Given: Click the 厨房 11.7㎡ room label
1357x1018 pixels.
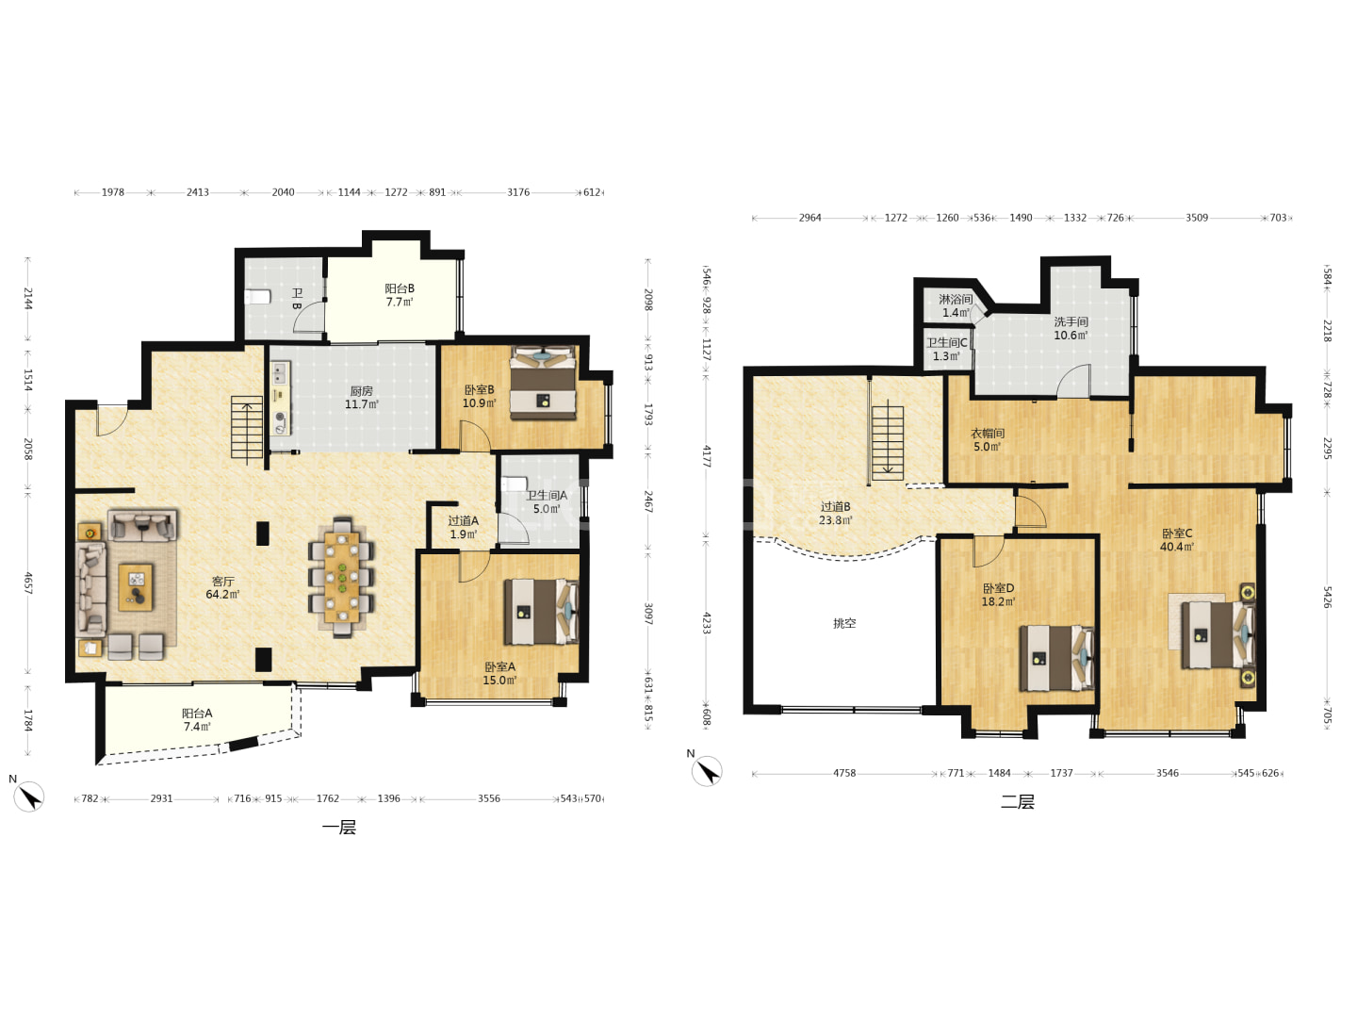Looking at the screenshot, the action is (362, 398).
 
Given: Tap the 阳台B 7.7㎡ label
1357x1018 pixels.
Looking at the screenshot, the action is (400, 295).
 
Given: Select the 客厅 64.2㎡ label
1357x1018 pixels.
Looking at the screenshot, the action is (222, 588).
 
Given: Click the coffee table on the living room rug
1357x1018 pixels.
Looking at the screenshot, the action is (136, 586).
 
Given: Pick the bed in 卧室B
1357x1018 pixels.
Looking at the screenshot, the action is (543, 384).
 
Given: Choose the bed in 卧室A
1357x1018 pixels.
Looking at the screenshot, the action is (541, 612).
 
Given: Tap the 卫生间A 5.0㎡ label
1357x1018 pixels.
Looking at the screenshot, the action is (547, 501).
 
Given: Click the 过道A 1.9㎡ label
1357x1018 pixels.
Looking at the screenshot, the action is (463, 527).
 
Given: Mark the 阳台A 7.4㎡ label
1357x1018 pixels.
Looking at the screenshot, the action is (197, 719).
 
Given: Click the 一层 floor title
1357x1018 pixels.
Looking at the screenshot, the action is (339, 827).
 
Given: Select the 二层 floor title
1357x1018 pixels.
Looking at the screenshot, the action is (1018, 801).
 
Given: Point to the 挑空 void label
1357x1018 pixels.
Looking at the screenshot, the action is (844, 623).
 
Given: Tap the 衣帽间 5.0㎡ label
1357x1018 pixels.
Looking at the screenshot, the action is (988, 439).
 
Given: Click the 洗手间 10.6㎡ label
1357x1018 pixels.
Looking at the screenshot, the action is (1071, 328).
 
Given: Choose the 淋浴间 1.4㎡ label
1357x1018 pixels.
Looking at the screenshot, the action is (956, 305).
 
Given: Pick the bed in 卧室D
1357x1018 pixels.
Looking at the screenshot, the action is (1056, 658).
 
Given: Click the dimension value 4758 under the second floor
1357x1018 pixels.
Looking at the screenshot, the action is (844, 773).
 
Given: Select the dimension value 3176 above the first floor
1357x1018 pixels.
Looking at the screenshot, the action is (518, 192).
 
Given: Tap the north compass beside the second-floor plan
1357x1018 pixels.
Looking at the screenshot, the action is (707, 771).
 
